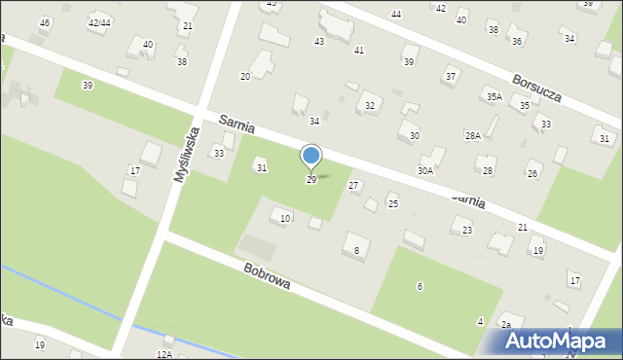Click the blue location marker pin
click(311, 156)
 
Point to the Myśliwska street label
click(186, 156)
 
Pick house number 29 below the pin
click(311, 180)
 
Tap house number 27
click(353, 185)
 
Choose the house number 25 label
click(393, 203)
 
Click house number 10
click(285, 218)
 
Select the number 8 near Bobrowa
click(356, 251)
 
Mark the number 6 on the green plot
click(420, 286)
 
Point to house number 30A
click(425, 170)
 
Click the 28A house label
click(473, 136)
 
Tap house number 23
click(467, 230)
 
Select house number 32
click(369, 105)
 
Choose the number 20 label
click(245, 76)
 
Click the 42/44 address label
click(98, 21)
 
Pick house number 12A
click(164, 355)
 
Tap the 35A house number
click(495, 96)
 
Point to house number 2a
click(506, 325)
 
